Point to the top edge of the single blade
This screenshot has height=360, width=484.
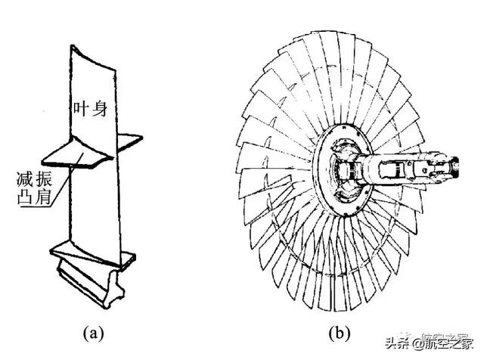(95, 47)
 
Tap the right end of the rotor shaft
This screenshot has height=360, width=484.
(458, 160)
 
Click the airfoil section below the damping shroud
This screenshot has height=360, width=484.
(91, 204)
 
